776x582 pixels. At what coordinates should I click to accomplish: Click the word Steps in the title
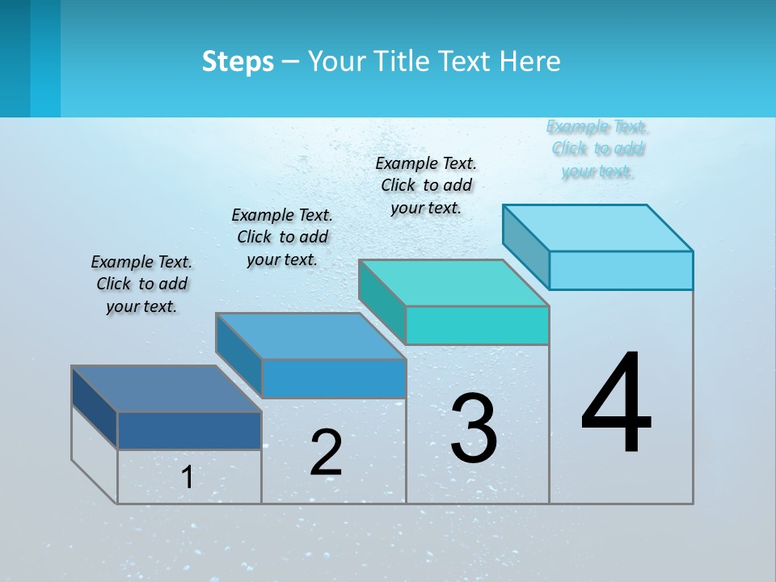click(x=238, y=61)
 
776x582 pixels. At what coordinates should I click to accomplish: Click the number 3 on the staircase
click(x=474, y=428)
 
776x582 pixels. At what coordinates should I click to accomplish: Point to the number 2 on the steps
click(x=327, y=453)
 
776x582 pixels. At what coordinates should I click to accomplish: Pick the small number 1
click(x=188, y=478)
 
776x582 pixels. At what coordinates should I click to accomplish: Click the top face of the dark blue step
click(x=167, y=389)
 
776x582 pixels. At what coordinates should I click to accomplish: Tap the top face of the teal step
click(x=453, y=283)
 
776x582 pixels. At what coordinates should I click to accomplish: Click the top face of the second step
click(x=310, y=336)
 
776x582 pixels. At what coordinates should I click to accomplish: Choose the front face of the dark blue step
click(x=189, y=431)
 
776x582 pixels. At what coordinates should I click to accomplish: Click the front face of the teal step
click(x=477, y=325)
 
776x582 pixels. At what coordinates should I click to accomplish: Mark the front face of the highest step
click(x=621, y=270)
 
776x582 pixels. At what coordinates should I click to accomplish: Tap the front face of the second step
click(x=333, y=378)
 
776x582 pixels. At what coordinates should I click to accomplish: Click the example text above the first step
click(x=141, y=284)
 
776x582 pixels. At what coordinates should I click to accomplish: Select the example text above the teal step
click(x=426, y=185)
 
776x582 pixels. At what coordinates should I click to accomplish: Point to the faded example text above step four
click(x=597, y=149)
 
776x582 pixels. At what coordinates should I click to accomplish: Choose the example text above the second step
click(x=282, y=237)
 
